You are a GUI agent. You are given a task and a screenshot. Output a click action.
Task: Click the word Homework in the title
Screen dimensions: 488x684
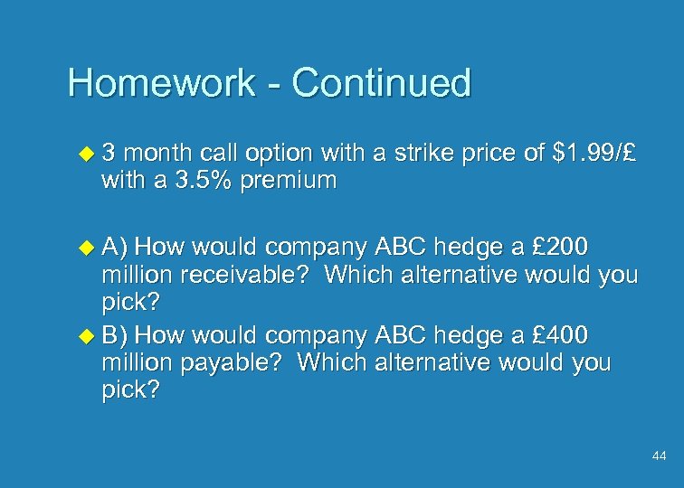[x=161, y=83]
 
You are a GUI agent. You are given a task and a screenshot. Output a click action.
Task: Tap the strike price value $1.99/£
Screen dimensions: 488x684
[x=594, y=155]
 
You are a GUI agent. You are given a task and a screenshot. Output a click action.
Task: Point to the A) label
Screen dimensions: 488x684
[x=116, y=246]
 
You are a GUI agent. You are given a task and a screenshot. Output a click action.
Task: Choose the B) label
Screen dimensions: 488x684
[x=116, y=335]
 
